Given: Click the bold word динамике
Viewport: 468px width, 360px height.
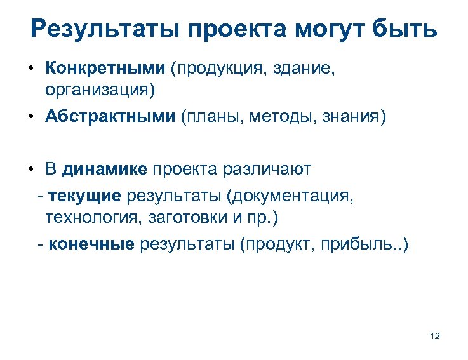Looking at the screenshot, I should (x=105, y=169).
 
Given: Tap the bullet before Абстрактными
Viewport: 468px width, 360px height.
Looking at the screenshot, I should (x=31, y=117).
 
